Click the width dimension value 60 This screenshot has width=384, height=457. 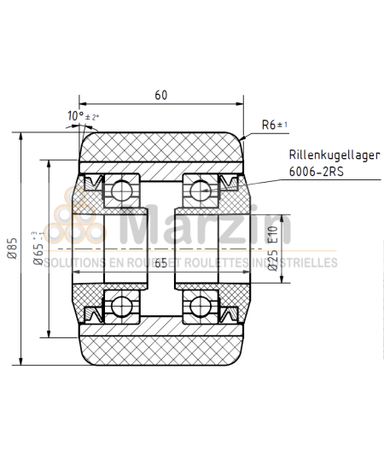pos(160,96)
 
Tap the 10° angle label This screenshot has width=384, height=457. pos(75,115)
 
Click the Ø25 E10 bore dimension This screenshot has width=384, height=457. pos(272,248)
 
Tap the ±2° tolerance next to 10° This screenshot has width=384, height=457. pos(92,117)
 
